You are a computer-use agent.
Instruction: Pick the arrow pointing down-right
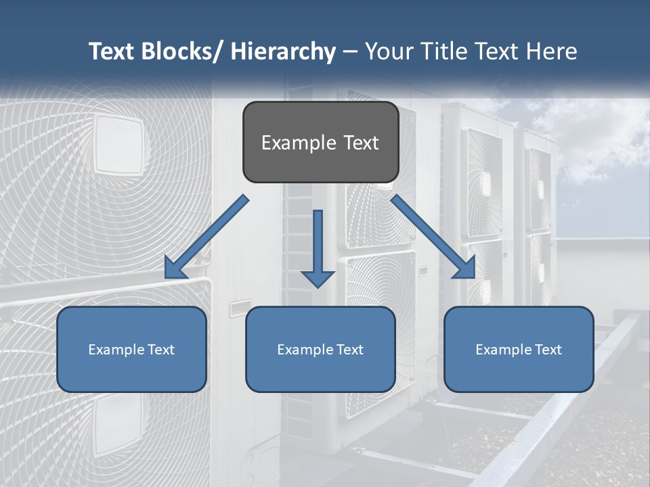tap(433, 237)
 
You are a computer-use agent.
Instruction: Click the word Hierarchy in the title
tap(283, 51)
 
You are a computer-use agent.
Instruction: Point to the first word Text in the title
tap(112, 51)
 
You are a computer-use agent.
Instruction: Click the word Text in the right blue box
tap(548, 350)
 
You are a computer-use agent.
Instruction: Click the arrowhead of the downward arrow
tap(318, 278)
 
